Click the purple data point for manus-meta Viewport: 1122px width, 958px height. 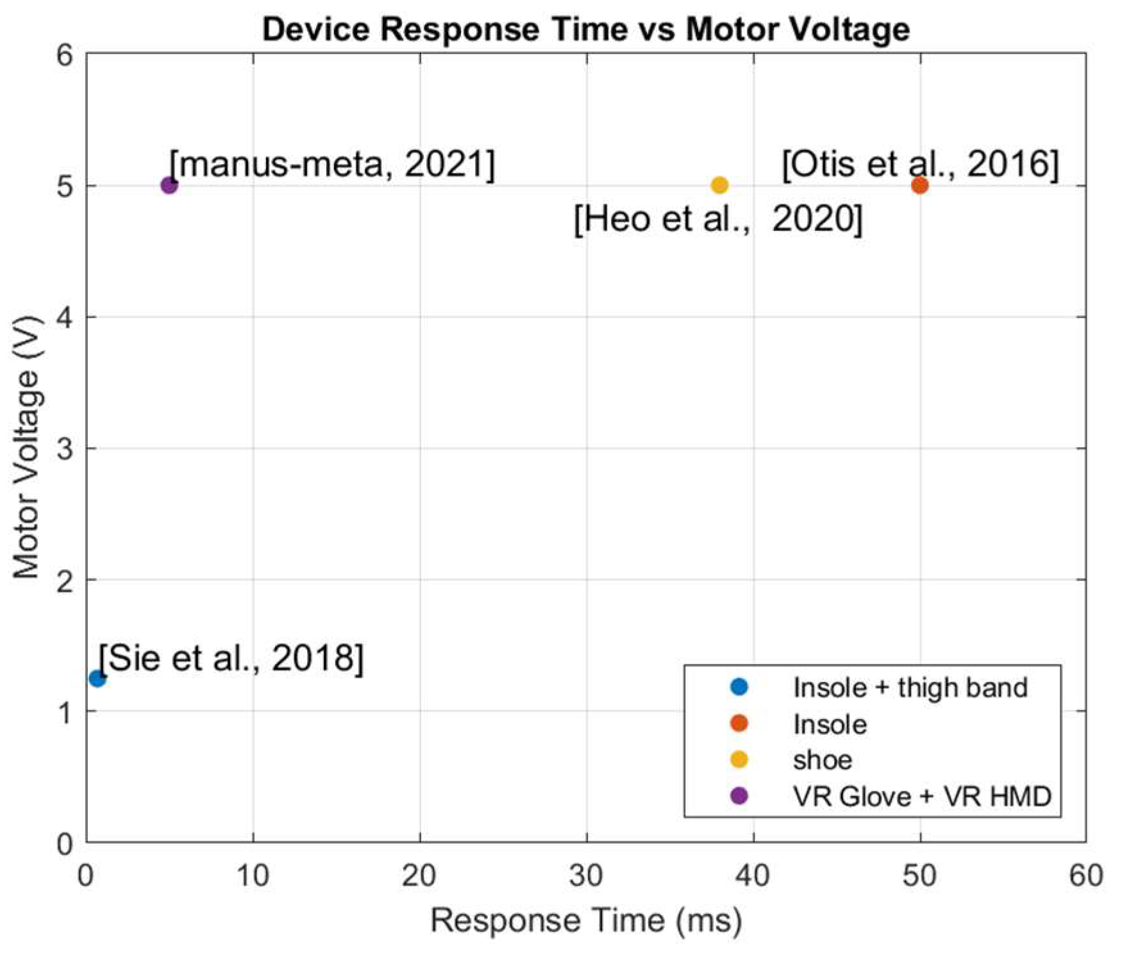tap(169, 185)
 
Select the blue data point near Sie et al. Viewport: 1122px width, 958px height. tap(97, 678)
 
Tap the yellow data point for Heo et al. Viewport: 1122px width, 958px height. tap(719, 185)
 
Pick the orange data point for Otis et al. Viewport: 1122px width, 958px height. tap(919, 185)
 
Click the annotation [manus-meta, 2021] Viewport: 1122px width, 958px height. tap(332, 164)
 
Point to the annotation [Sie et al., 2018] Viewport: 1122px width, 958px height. tap(231, 657)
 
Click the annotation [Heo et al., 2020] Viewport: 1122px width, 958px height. tap(718, 219)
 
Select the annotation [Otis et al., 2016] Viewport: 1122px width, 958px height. tap(920, 164)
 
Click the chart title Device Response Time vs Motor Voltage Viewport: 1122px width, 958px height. tap(586, 29)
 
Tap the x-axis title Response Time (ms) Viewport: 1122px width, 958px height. tap(586, 921)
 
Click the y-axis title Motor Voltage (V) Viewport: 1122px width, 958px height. tap(27, 448)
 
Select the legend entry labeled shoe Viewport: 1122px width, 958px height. tap(822, 760)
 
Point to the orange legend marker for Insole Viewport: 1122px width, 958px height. tap(739, 723)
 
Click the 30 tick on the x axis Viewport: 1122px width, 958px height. tap(586, 875)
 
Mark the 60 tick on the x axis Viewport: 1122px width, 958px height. tap(1086, 875)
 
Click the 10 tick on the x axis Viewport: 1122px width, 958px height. tap(253, 875)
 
